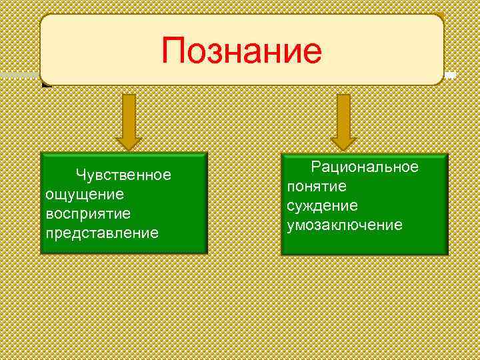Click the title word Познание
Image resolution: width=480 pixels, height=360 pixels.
coord(241,51)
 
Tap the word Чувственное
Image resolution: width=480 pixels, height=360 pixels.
coord(123,175)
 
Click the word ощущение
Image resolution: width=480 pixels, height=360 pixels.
coord(84,194)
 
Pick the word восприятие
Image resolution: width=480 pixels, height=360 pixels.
coord(88,213)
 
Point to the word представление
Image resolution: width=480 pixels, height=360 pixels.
coord(102,233)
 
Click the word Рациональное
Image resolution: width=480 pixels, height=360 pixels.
coord(365,167)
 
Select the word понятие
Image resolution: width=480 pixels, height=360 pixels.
coord(317,186)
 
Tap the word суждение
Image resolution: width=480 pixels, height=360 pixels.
coord(322,205)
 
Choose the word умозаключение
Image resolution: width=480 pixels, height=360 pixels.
coord(344,225)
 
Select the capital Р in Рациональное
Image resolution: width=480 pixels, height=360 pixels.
coord(316,167)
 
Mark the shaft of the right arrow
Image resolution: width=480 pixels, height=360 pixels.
coord(343,113)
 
